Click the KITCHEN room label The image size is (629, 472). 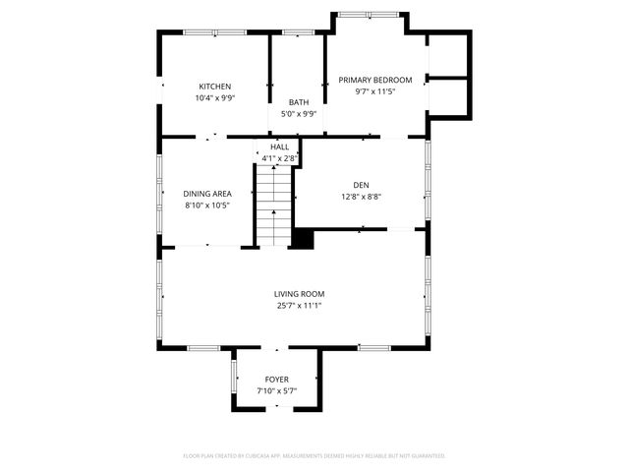pyautogui.click(x=214, y=87)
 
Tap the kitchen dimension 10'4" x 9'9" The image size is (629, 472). pyautogui.click(x=214, y=98)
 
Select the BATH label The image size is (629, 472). pyautogui.click(x=299, y=102)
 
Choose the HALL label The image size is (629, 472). pyautogui.click(x=279, y=147)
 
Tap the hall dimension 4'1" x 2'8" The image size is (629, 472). pyautogui.click(x=279, y=157)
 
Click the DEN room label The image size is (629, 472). pyautogui.click(x=361, y=185)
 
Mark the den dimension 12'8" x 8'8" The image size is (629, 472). pyautogui.click(x=361, y=197)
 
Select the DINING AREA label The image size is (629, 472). pyautogui.click(x=207, y=194)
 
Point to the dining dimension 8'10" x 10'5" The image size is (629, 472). pyautogui.click(x=207, y=206)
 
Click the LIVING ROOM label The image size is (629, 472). pyautogui.click(x=299, y=294)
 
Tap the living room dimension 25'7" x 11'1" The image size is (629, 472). pyautogui.click(x=299, y=306)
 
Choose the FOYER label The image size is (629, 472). pyautogui.click(x=277, y=380)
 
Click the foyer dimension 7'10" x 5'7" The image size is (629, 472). pyautogui.click(x=277, y=391)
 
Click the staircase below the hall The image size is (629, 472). pyautogui.click(x=274, y=206)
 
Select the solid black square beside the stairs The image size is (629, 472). pyautogui.click(x=304, y=238)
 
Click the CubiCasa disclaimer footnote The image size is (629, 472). pyautogui.click(x=314, y=455)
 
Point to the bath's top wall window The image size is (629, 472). pyautogui.click(x=297, y=32)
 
